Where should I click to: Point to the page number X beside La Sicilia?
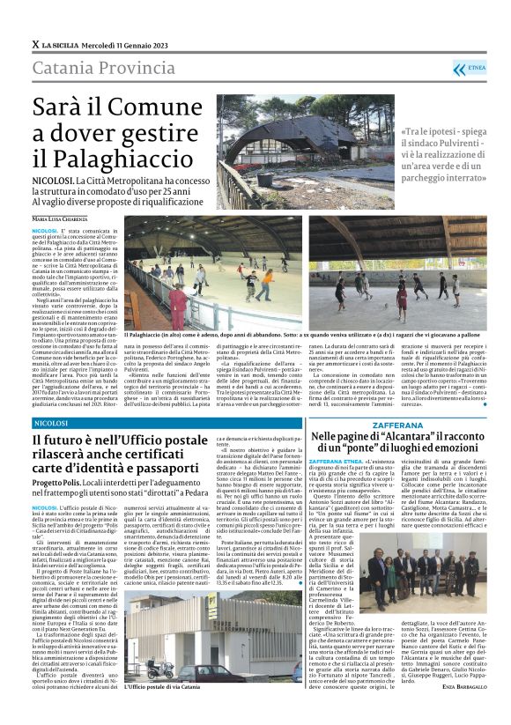(35, 43)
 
